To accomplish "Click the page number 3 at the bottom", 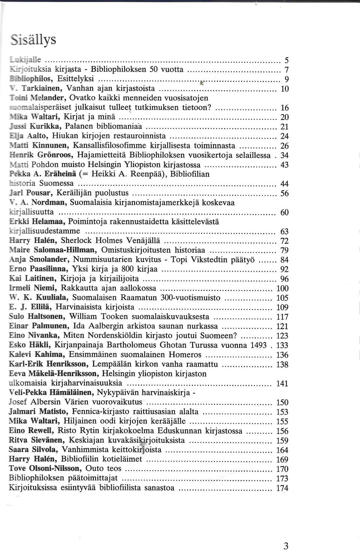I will click(286, 546).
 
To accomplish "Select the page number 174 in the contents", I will click(282, 488).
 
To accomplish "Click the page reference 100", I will click(282, 288).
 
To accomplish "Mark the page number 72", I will click(284, 241).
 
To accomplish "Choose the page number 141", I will click(282, 383).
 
